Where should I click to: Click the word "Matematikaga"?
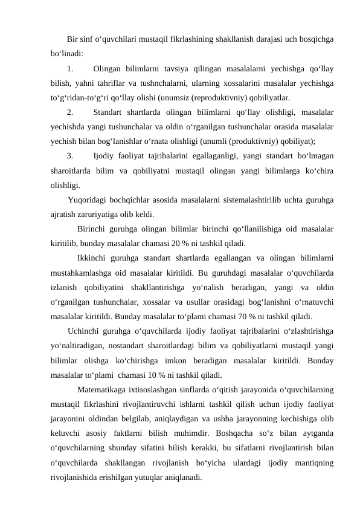click(x=103, y=388)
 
